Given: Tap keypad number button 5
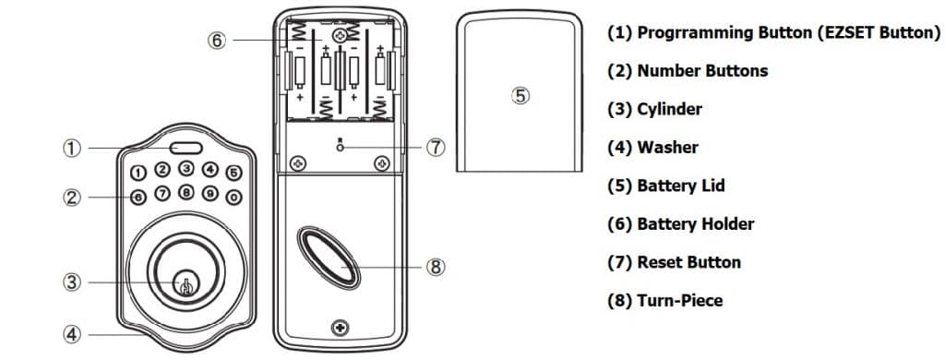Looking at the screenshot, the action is pos(233,171).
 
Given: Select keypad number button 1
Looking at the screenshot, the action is pos(137,173).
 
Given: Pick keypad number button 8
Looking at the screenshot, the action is pos(186,193).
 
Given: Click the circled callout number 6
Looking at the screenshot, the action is pos(217,41).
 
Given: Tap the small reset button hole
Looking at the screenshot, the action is pos(340,147).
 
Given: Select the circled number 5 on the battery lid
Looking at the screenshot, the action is pos(520,94).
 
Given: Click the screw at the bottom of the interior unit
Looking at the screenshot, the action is pos(341,328).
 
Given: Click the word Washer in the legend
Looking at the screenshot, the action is pos(667,148).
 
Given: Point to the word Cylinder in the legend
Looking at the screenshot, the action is pos(669,109).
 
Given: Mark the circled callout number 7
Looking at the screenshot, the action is pos(438,148).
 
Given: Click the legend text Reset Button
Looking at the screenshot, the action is pos(688,262).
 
